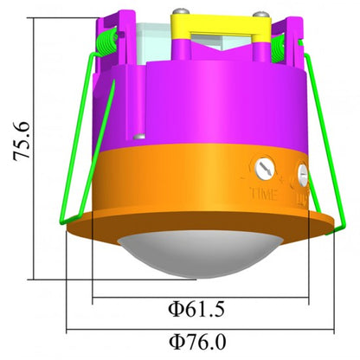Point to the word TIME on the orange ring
pos(263,191)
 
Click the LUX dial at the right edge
pos(303,176)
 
